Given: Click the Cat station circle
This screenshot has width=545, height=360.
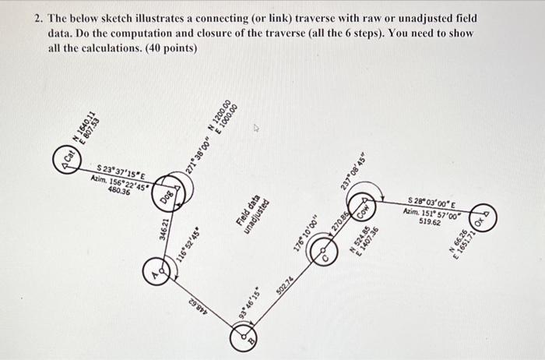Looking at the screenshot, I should point(69,160).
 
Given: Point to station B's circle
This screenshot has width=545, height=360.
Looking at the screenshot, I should point(242,337).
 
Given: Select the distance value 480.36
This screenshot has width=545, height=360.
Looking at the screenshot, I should point(118,189).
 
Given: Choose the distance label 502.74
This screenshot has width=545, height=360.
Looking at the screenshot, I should point(285,285).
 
